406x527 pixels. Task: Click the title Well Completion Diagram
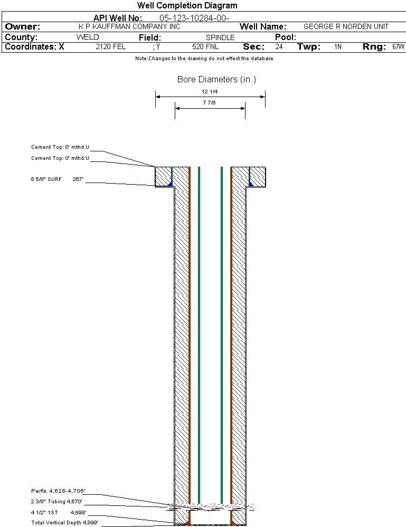[187, 5]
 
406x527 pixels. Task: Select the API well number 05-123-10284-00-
[194, 18]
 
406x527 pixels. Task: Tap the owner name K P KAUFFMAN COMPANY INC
[129, 26]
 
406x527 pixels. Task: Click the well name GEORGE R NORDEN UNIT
[346, 26]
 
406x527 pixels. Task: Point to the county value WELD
[88, 37]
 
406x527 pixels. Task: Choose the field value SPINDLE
[220, 37]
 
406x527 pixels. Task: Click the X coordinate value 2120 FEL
[111, 46]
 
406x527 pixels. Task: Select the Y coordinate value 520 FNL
[205, 46]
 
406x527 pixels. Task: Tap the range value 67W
[398, 46]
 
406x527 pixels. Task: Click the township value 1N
[338, 46]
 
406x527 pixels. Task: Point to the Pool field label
[286, 37]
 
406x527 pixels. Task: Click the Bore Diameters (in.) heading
[216, 79]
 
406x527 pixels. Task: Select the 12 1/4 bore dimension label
[210, 91]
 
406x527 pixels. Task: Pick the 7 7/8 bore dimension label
[209, 102]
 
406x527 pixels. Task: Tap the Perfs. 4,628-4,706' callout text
[58, 491]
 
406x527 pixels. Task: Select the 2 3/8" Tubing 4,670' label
[56, 502]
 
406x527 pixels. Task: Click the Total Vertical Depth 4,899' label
[64, 523]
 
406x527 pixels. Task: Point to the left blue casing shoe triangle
[170, 184]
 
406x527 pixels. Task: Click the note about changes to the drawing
[204, 59]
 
